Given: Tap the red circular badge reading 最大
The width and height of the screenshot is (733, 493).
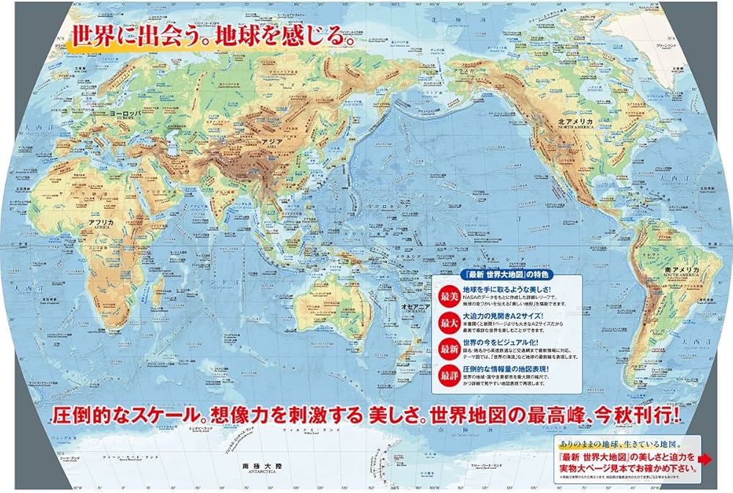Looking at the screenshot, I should (446, 322).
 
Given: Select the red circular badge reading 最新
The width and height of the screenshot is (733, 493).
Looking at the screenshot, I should (446, 349).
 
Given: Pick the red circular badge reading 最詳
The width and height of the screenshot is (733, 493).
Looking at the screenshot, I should (446, 376).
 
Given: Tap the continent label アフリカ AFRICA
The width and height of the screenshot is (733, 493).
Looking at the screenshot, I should (100, 223).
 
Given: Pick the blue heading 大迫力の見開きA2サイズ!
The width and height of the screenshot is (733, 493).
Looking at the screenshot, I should (506, 314).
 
